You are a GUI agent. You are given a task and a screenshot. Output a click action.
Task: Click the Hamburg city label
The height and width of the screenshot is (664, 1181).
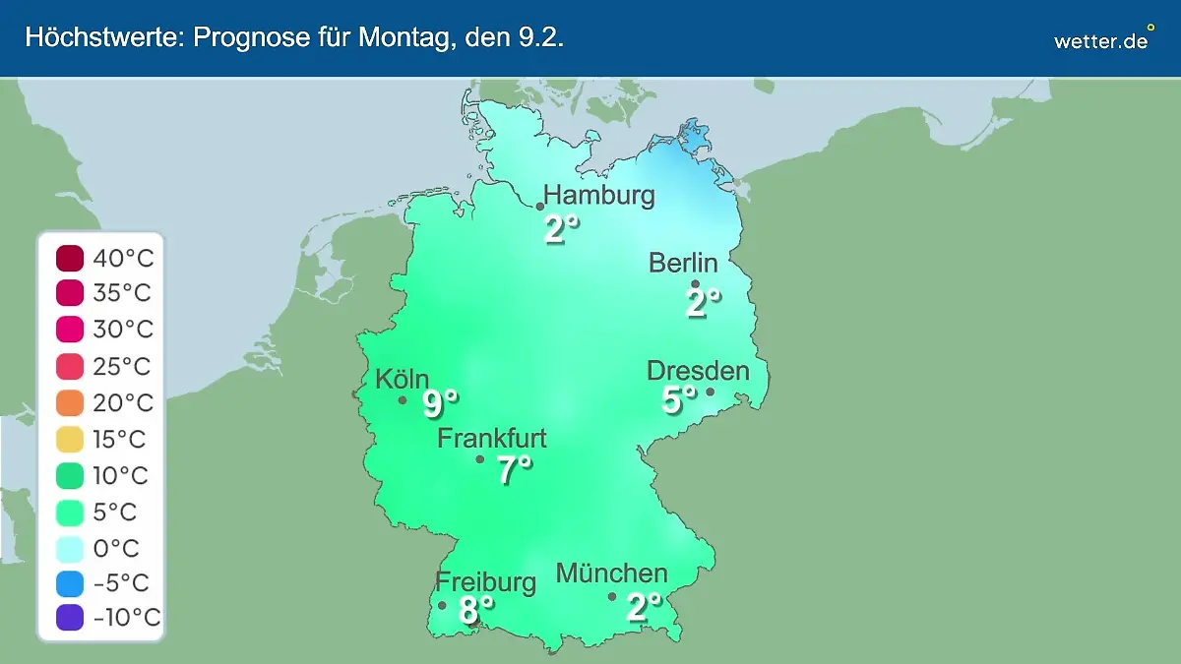coord(599,195)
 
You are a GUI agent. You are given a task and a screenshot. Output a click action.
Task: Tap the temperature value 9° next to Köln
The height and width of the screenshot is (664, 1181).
coord(441,403)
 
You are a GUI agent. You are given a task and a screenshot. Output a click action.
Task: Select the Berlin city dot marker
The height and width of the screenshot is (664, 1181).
coord(695,284)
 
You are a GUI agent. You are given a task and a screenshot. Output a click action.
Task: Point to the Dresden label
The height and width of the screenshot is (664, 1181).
coord(698,371)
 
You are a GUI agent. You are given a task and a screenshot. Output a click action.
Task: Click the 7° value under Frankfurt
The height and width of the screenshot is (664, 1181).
coord(514,470)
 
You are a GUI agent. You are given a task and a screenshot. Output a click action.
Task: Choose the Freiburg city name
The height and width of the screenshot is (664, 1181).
coord(486,581)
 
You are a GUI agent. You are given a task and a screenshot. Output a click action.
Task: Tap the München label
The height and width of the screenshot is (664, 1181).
coord(612,573)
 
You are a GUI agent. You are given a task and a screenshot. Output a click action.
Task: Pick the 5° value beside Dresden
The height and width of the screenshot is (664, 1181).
coord(678,400)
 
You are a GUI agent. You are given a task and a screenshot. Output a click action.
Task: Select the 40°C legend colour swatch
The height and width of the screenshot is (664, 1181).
coord(71,259)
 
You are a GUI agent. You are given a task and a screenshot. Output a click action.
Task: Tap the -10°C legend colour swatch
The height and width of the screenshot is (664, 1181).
coord(71,618)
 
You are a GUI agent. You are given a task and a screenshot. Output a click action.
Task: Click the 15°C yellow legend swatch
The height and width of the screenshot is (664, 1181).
coord(71,439)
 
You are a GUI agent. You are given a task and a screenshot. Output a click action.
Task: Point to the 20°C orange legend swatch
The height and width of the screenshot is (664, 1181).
coord(71,402)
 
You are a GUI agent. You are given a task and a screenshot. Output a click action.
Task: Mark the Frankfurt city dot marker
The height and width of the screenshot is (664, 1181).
coord(480,459)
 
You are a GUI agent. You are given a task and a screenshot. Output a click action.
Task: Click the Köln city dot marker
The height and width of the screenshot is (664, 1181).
coord(403,400)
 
